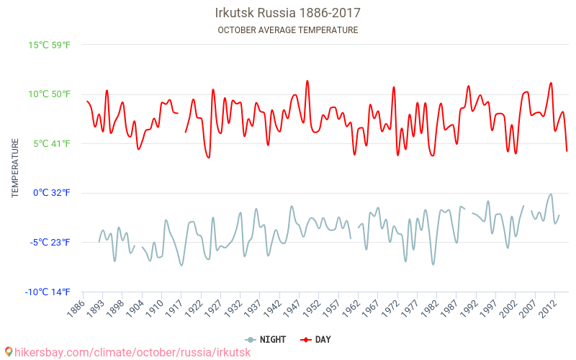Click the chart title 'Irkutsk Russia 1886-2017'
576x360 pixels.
(288, 13)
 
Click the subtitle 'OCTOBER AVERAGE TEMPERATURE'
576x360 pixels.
(288, 30)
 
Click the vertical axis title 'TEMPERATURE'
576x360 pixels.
(15, 168)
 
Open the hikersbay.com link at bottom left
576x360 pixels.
(133, 352)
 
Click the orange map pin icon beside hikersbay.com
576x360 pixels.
(8, 352)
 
